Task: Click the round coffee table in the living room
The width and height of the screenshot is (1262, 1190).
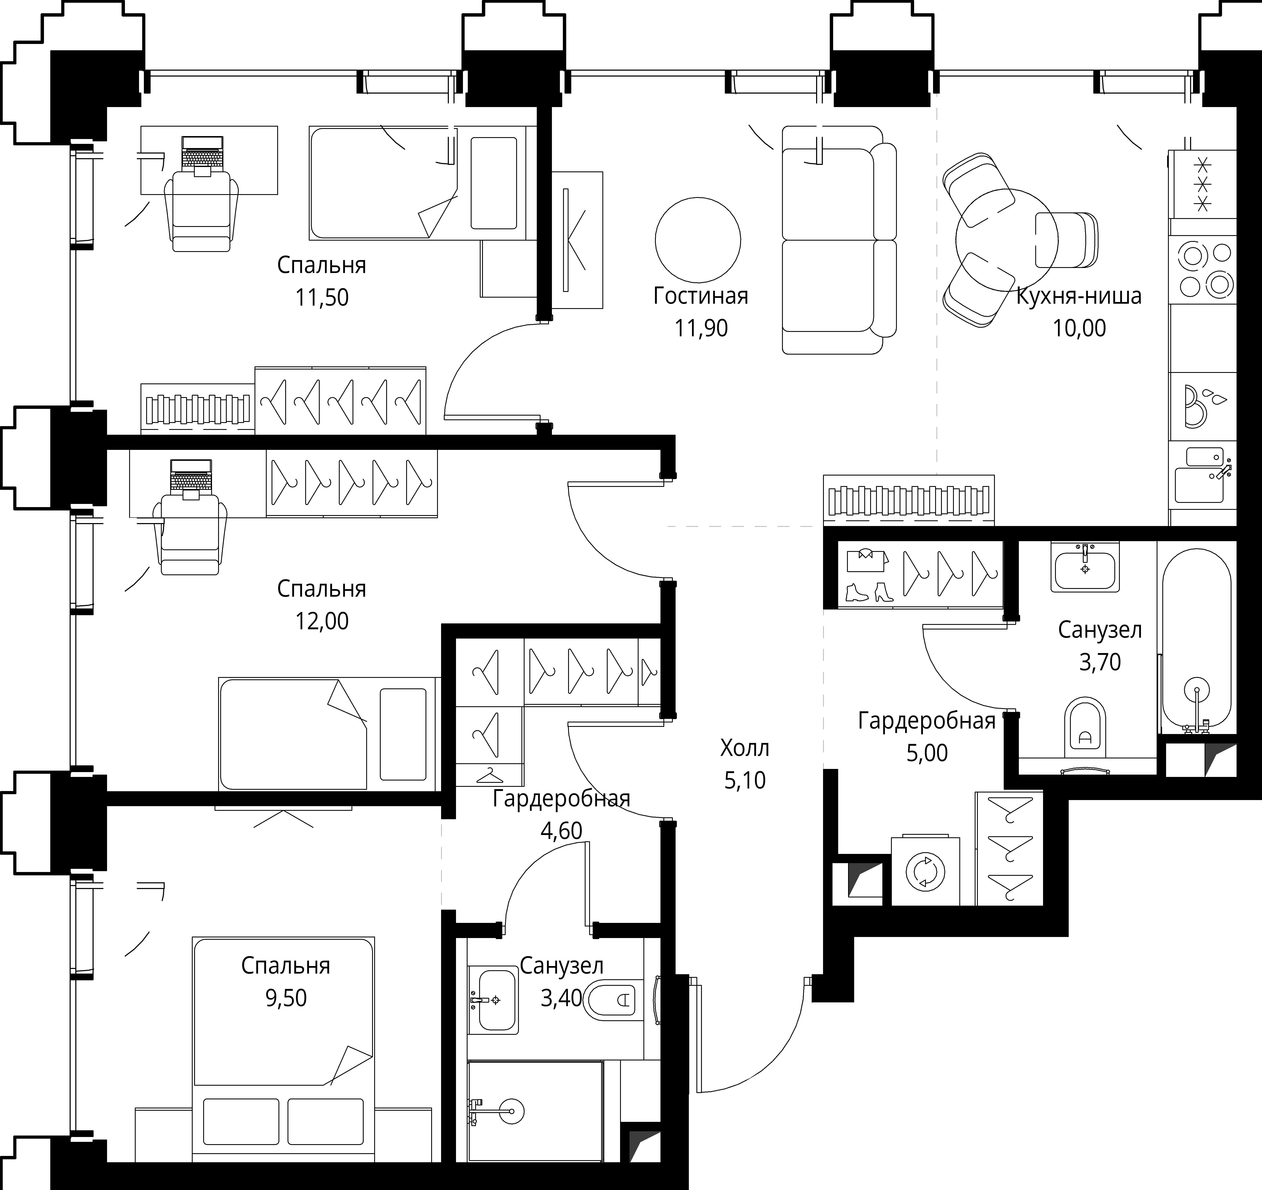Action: pyautogui.click(x=698, y=240)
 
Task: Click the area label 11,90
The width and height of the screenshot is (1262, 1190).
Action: pyautogui.click(x=701, y=328)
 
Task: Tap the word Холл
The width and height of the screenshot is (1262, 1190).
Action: pyautogui.click(x=745, y=748)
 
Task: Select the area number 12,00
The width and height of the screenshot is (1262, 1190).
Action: pyautogui.click(x=322, y=621)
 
